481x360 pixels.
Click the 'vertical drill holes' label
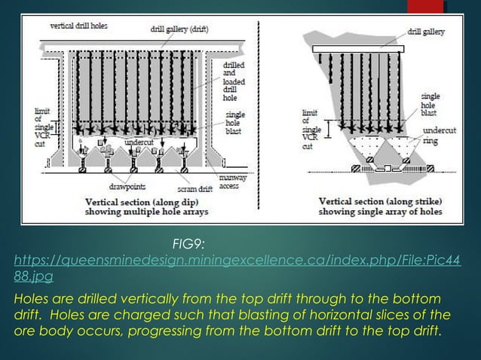(x=78, y=26)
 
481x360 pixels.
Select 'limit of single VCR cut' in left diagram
(x=38, y=126)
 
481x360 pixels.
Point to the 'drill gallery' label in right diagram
(x=426, y=32)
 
